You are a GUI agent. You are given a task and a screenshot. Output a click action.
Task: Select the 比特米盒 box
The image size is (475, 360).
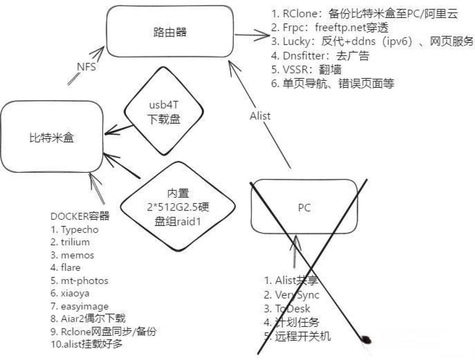coord(51,138)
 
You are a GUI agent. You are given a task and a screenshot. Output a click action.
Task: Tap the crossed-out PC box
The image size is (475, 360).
coord(304,207)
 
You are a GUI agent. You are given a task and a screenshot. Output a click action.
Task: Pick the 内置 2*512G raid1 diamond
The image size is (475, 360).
coord(177,207)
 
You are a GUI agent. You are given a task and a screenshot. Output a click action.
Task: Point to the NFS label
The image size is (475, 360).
coord(86,67)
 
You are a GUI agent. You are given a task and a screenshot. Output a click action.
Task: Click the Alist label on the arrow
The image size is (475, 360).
coord(260,116)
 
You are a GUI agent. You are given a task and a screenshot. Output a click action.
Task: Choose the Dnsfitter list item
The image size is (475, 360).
coord(320,56)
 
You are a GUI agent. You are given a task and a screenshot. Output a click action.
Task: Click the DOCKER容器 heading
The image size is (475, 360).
coord(79,216)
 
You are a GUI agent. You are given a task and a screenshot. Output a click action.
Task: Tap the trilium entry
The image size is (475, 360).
coord(70,242)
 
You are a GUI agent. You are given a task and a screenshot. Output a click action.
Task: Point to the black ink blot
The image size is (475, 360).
coord(365,339)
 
